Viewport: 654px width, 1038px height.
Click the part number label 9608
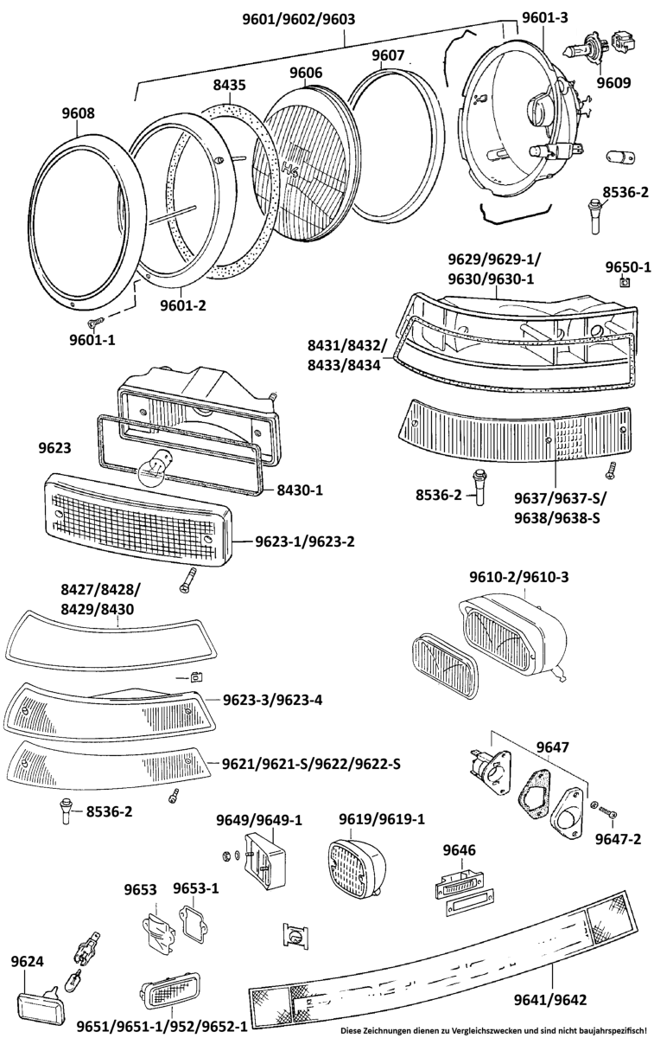click(78, 113)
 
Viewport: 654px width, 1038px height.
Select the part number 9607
click(388, 56)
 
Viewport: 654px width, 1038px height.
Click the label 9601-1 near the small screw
click(92, 339)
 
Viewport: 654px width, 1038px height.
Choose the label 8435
click(230, 85)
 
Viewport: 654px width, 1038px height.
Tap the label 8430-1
click(300, 490)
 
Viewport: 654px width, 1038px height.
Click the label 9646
click(460, 851)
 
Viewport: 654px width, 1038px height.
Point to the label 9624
click(29, 962)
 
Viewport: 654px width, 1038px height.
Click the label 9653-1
click(196, 888)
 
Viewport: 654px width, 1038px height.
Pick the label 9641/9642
click(549, 999)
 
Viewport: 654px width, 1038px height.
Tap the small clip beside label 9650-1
click(626, 282)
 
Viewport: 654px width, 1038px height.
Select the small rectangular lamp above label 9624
click(41, 1006)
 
